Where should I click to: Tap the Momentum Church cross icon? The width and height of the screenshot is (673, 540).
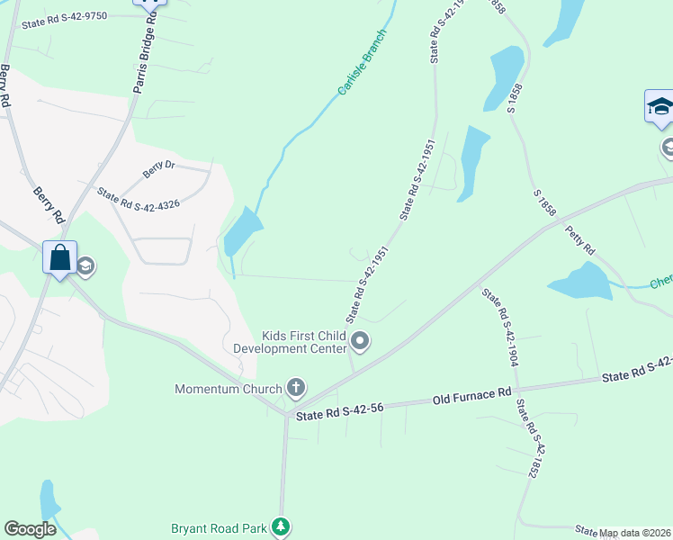294,389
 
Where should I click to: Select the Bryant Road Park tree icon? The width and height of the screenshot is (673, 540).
282,527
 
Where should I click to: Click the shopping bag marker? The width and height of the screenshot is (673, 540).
59,258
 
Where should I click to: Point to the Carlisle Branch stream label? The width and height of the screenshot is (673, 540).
362,62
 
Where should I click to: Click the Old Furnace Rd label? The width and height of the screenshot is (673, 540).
471,395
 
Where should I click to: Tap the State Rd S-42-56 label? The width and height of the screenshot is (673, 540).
340,409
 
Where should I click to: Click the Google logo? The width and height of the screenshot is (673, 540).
30,529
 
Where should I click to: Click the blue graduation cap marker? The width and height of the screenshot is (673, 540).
660,107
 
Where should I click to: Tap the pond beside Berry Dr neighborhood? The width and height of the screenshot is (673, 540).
241,230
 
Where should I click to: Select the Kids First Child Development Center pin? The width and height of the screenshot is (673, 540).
360,341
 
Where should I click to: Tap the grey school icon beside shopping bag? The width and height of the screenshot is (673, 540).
85,265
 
